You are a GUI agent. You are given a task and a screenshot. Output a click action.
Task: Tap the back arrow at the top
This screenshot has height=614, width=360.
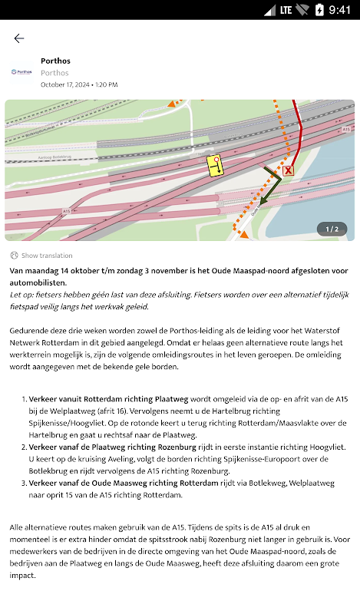18,38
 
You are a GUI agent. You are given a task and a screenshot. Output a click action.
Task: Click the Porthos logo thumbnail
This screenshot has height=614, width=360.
21,72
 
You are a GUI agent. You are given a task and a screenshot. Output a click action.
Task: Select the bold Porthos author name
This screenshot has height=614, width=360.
55,61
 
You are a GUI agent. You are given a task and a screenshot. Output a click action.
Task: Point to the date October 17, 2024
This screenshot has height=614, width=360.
64,84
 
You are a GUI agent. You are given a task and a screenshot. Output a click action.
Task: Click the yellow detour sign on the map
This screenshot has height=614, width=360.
215,165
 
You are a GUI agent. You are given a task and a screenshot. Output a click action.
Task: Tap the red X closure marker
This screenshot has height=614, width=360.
289,170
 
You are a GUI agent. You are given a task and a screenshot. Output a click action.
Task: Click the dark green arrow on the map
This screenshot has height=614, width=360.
272,185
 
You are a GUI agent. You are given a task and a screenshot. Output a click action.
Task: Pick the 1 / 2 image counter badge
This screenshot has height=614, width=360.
332,229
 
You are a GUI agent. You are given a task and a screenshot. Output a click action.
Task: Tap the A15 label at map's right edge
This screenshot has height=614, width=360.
346,129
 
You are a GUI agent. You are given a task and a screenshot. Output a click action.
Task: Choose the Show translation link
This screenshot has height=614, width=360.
47,256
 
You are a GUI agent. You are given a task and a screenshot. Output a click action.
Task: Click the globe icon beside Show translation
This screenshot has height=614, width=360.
14,256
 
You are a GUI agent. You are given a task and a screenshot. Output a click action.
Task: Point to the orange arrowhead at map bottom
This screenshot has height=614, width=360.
244,235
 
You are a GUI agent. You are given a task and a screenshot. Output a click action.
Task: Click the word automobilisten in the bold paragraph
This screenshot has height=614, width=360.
38,282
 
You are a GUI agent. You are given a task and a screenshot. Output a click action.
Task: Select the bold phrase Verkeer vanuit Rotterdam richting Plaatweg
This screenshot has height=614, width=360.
108,399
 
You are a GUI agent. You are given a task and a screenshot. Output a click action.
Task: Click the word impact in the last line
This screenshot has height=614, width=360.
23,576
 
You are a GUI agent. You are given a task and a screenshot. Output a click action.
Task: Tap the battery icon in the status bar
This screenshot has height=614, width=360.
320,10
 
